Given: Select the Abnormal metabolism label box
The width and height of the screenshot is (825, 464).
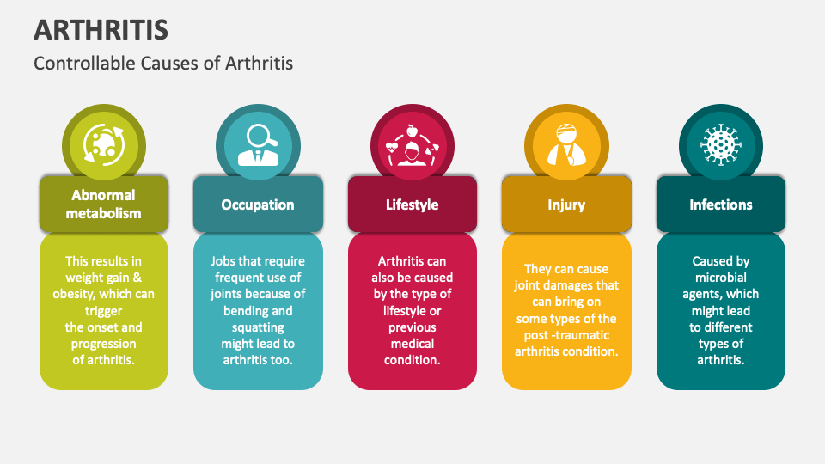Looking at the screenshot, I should pos(103,205).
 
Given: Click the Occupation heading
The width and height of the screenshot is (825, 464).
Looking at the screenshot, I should pos(258,205).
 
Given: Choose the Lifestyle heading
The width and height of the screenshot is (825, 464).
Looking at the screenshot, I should pos(412,205).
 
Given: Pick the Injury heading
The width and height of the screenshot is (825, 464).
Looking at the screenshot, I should pos(566,205).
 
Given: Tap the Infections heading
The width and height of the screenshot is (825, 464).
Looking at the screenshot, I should pos(721,205).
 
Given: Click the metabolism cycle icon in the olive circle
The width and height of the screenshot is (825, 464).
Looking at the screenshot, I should pos(103,144).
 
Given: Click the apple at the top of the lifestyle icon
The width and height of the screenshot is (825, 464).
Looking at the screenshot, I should pos(412,131).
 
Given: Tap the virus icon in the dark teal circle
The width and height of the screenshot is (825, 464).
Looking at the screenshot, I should pos(721,144).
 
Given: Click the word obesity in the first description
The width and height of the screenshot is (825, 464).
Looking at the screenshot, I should pos(76,294).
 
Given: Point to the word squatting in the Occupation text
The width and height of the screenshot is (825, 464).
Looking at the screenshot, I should pos(258,327).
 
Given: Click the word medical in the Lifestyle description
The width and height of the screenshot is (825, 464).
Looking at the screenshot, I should pos(412,344).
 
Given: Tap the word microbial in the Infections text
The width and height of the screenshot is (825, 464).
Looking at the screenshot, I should pos(721,278).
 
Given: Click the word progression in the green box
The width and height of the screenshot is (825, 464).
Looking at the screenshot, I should pos(103,344).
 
